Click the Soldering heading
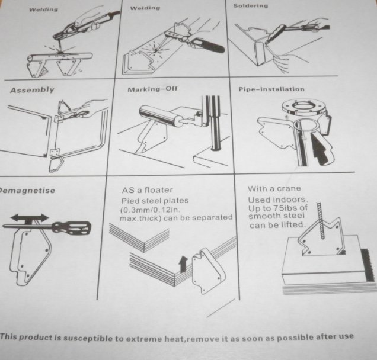250,5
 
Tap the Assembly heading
32,90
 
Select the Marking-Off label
152,89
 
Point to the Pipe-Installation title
271,89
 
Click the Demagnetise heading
27,191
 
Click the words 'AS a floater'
147,190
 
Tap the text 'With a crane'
274,188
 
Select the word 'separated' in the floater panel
213,217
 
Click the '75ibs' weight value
284,207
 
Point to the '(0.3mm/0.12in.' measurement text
151,210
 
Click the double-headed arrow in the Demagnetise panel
29,218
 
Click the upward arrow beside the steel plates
183,263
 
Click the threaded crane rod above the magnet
321,220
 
